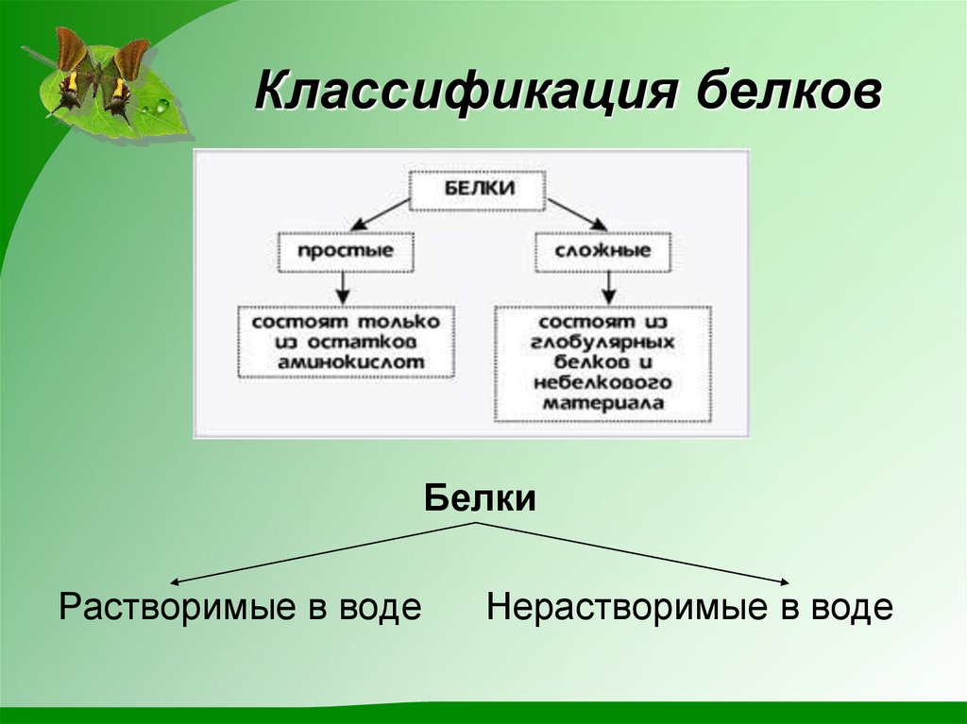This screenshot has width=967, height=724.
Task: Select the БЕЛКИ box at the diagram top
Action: coord(478,188)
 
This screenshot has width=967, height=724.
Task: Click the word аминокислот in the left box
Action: coord(346,361)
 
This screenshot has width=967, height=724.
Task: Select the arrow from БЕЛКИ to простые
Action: coord(378,214)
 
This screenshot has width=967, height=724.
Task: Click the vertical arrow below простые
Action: coord(344,286)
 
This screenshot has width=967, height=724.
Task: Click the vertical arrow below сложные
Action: coord(610,286)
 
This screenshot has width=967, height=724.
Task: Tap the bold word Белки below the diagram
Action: coord(480,497)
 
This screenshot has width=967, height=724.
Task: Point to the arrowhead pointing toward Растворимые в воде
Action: coord(177,583)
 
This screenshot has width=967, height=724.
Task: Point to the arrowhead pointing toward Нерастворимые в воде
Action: coord(783,583)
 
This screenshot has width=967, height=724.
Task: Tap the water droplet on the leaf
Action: coord(163,105)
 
